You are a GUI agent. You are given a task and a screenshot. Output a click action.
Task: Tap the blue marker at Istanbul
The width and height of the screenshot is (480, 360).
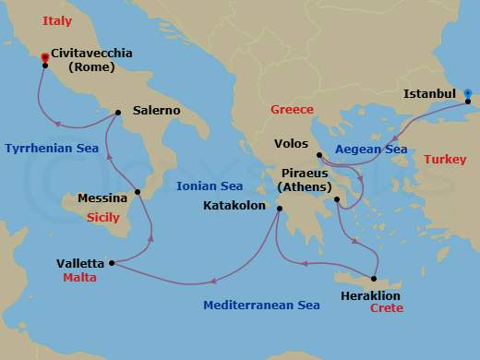(x=468, y=93)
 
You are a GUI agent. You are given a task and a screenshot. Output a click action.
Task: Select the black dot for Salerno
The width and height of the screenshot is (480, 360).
(x=118, y=114)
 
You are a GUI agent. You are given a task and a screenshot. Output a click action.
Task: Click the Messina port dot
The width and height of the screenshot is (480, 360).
(x=138, y=192)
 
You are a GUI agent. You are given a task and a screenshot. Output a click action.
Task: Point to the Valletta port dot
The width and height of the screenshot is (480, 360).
(x=112, y=263)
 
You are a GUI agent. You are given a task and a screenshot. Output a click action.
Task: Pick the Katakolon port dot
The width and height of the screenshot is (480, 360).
(x=279, y=209)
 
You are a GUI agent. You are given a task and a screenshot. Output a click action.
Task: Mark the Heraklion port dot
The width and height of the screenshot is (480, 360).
(x=374, y=278)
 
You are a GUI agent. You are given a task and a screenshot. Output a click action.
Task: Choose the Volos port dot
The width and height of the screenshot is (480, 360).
(x=318, y=155)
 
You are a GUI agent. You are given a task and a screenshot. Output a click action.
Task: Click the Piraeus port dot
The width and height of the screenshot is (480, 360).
(x=337, y=199)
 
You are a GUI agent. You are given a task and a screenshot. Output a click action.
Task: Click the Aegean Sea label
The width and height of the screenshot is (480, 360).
(x=371, y=148)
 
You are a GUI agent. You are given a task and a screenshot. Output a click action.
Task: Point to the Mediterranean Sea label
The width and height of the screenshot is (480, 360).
(x=261, y=305)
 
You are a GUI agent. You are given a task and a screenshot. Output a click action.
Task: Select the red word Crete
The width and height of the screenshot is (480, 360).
(x=386, y=308)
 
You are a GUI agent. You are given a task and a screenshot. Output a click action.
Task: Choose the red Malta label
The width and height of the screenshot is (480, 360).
(x=80, y=277)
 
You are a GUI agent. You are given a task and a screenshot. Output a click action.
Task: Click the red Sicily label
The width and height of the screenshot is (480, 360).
(x=103, y=218)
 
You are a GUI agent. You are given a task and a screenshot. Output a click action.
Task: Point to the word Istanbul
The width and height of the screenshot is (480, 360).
(x=429, y=93)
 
